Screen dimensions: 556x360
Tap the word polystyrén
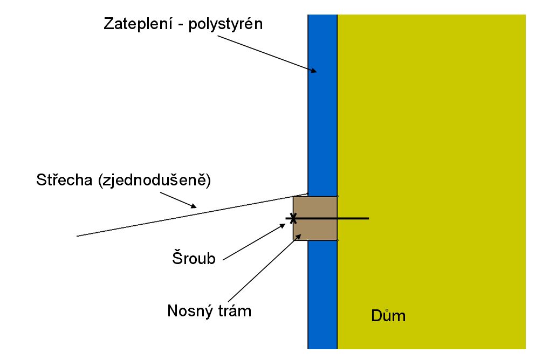pyautogui.click(x=225, y=24)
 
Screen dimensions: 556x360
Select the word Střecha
pyautogui.click(x=64, y=179)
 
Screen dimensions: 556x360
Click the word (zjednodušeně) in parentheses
pyautogui.click(x=155, y=180)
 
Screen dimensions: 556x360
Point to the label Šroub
pyautogui.click(x=194, y=258)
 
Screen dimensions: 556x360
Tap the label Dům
pyautogui.click(x=388, y=315)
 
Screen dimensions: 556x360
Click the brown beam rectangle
pyautogui.click(x=315, y=218)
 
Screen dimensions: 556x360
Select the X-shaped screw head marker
pyautogui.click(x=293, y=218)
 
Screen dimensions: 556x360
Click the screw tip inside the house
pyautogui.click(x=368, y=218)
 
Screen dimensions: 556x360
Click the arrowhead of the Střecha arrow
pyautogui.click(x=194, y=206)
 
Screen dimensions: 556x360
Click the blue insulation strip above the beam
pyautogui.click(x=322, y=105)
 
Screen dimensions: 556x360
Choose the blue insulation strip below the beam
pyautogui.click(x=322, y=295)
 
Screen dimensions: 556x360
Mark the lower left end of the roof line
pyautogui.click(x=77, y=236)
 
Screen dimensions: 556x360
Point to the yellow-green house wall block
pyautogui.click(x=431, y=182)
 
